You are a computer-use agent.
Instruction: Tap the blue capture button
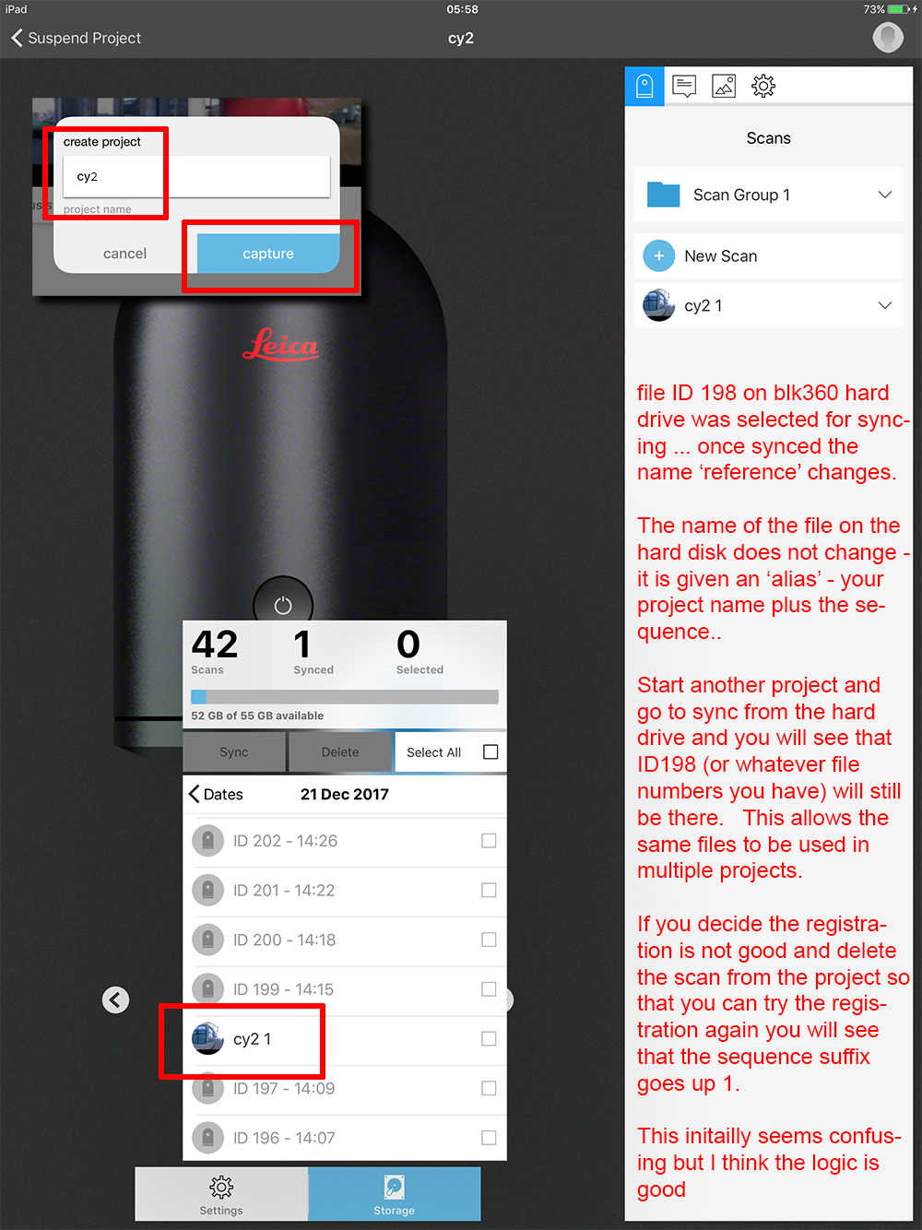click(x=267, y=254)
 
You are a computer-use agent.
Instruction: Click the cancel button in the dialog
click(x=124, y=254)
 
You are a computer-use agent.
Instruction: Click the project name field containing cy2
click(x=196, y=176)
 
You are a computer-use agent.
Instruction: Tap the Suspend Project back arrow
click(x=18, y=38)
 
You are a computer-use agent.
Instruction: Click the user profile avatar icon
click(x=888, y=38)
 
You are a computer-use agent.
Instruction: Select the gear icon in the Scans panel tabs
click(x=762, y=86)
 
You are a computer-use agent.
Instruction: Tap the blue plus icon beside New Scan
click(x=658, y=256)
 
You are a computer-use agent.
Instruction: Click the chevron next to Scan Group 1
click(x=884, y=195)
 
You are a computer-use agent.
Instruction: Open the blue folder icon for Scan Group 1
click(x=663, y=195)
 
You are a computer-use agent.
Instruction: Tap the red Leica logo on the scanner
click(x=280, y=344)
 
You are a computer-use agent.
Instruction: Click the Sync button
click(x=234, y=752)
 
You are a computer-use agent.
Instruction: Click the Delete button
click(x=340, y=752)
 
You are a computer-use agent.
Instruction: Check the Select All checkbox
click(x=491, y=751)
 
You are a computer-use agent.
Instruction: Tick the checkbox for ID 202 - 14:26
click(x=489, y=841)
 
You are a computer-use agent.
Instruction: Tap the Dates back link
click(x=216, y=794)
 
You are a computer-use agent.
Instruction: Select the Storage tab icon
click(x=394, y=1187)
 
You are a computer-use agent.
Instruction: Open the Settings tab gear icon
click(x=221, y=1187)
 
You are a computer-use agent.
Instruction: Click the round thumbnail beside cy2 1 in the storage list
click(x=207, y=1038)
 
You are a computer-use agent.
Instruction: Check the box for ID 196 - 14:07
click(x=489, y=1138)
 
